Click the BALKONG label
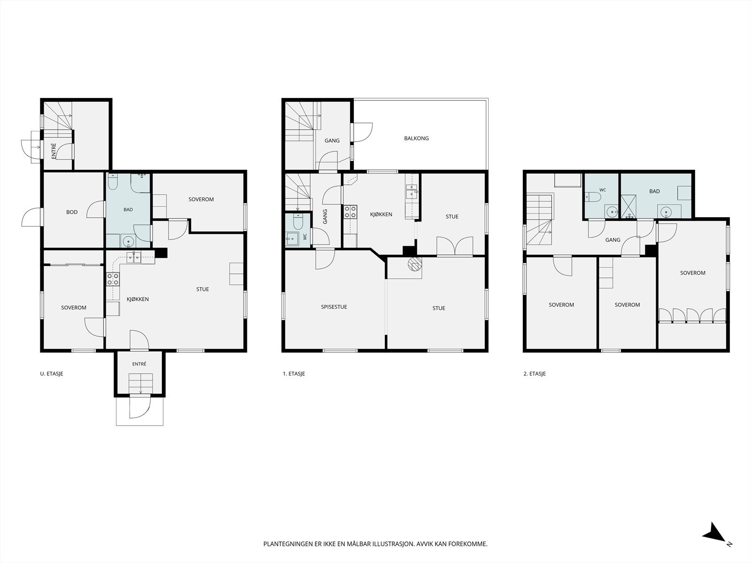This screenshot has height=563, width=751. coord(416,138)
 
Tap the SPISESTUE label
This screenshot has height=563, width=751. coord(334,307)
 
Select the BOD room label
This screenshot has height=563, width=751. coord(72,212)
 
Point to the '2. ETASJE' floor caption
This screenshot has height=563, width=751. coord(535,373)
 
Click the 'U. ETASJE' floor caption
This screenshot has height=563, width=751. coord(52,373)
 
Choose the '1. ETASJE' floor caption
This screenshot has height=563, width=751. coord(293,373)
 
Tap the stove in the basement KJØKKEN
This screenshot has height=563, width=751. coord(113,279)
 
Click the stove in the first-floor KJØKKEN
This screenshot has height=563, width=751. coord(350,212)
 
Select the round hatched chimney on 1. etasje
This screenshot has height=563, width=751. coord(414,264)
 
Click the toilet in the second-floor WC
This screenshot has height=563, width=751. coord(593,197)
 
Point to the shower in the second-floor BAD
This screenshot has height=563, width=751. coord(628,206)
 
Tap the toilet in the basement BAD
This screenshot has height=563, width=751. coord(113,182)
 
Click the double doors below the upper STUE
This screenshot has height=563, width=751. coord(455,246)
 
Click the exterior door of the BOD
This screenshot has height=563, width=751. coord(32,217)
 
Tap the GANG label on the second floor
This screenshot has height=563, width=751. coord(613,240)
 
